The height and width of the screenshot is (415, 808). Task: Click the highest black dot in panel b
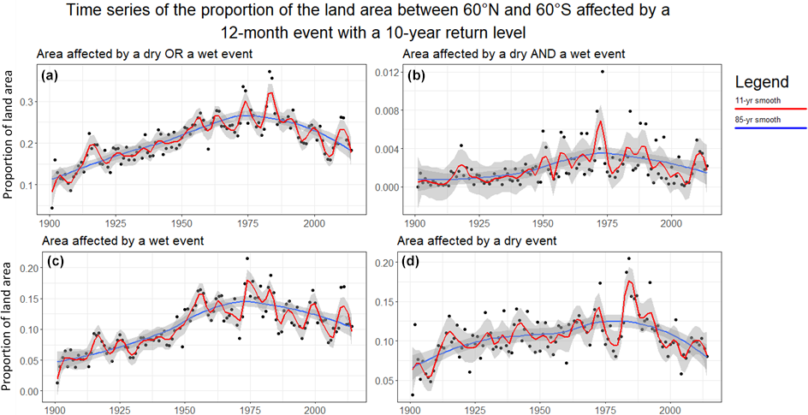point(603,72)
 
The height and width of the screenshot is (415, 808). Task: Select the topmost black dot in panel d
point(628,258)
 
